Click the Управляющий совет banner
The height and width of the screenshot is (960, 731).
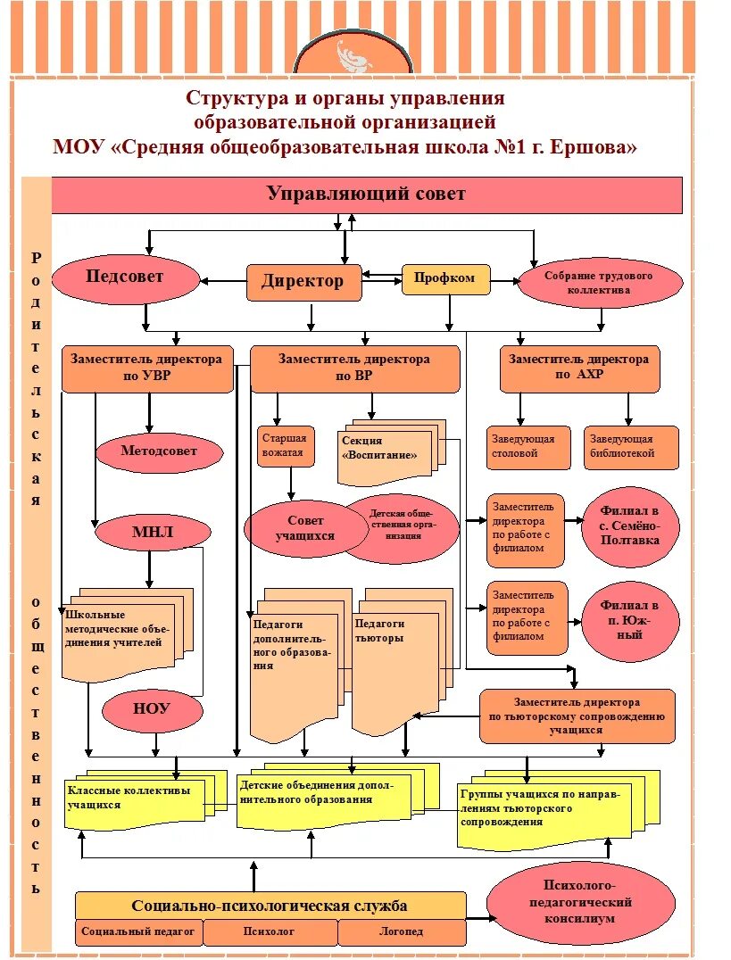pyautogui.click(x=366, y=194)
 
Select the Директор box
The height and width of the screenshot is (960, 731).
pyautogui.click(x=303, y=282)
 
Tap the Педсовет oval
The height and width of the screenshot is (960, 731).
pyautogui.click(x=125, y=278)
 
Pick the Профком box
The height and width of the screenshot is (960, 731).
pyautogui.click(x=445, y=278)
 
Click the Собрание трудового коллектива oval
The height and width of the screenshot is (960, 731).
pyautogui.click(x=599, y=283)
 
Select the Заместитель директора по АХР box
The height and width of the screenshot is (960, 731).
pyautogui.click(x=579, y=368)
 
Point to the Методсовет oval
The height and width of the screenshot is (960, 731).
pyautogui.click(x=159, y=451)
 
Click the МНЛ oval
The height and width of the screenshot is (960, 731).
pyautogui.click(x=153, y=534)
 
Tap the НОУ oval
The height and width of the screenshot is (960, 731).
pyautogui.click(x=151, y=710)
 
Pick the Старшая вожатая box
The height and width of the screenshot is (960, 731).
pyautogui.click(x=283, y=446)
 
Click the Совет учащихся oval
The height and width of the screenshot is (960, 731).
pyautogui.click(x=306, y=528)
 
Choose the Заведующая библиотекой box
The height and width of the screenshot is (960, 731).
pyautogui.click(x=631, y=447)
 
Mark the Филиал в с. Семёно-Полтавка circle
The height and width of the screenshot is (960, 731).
pyautogui.click(x=630, y=526)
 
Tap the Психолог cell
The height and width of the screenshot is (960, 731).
pyautogui.click(x=269, y=932)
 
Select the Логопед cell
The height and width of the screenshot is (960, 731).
pyautogui.click(x=401, y=932)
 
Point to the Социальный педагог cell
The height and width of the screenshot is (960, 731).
pyautogui.click(x=138, y=932)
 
